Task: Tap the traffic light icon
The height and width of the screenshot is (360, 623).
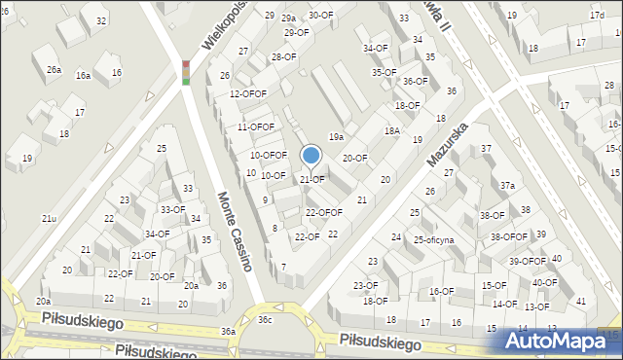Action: (x=186, y=72)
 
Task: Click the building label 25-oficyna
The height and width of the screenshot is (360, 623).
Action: (x=434, y=239)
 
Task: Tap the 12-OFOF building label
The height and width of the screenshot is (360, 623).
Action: (x=248, y=93)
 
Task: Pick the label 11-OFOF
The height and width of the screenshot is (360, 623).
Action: (x=256, y=127)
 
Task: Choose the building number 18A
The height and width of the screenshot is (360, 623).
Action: (x=391, y=130)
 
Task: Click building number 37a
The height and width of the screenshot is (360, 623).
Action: (x=507, y=185)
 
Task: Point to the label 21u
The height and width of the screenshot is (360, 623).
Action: (x=49, y=219)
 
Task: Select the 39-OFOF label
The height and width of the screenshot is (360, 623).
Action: (x=527, y=261)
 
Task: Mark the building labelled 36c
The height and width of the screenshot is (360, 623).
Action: (x=265, y=319)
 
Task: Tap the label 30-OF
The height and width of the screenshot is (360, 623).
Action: (x=321, y=16)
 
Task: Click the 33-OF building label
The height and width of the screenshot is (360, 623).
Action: (x=172, y=209)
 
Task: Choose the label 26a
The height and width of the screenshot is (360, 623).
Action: (x=54, y=70)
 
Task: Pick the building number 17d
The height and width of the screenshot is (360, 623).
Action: (x=596, y=17)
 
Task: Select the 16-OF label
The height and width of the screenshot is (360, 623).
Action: (x=441, y=291)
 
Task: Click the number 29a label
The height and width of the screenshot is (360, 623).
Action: (x=289, y=18)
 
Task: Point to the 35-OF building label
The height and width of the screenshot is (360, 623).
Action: (x=384, y=72)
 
